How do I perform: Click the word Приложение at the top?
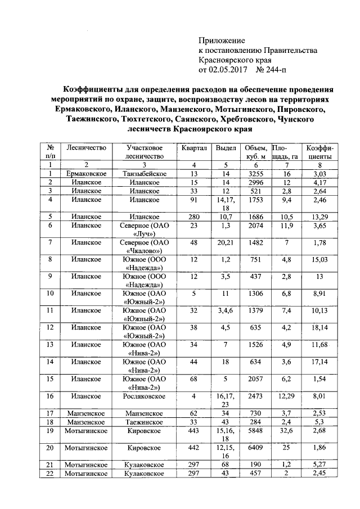223,40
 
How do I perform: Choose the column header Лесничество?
86,147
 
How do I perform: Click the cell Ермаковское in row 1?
86,174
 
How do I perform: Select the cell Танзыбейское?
145,174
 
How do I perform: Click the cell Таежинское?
145,422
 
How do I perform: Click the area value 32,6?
286,431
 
